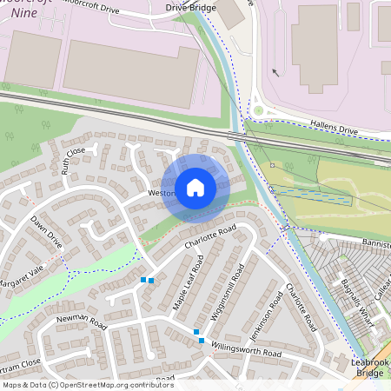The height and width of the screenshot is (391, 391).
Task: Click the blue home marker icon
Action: click(195, 187)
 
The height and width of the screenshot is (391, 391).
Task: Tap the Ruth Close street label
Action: click(74, 161)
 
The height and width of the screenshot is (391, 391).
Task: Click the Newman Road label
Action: click(81, 324)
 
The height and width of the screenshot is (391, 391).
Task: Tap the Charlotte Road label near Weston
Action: click(210, 240)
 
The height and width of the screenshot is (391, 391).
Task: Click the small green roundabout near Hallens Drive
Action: click(258, 110)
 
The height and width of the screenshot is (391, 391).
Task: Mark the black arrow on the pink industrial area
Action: click(275, 73)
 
